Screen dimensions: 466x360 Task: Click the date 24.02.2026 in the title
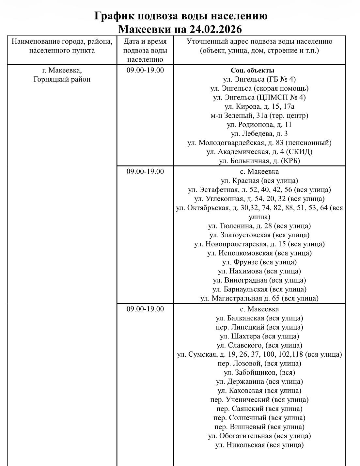coord(215,29)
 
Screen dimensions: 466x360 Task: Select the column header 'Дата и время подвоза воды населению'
coord(145,51)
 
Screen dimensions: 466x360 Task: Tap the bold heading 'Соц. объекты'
coord(252,70)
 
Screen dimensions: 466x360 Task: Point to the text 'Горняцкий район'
coord(62,79)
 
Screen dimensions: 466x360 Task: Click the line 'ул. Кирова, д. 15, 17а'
coord(259,106)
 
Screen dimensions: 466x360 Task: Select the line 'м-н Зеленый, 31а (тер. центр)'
coord(259,116)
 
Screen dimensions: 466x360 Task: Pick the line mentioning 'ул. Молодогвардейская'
coord(259,143)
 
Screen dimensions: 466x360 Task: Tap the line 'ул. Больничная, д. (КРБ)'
coord(259,161)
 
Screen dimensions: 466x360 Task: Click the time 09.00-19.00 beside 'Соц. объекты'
coord(145,70)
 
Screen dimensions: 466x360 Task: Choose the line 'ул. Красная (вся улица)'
coord(259,180)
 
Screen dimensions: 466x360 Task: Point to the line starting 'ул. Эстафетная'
coord(259,190)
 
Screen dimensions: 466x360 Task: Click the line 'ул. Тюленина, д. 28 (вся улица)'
coord(259,226)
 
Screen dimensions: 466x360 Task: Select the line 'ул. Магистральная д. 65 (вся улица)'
coord(259,298)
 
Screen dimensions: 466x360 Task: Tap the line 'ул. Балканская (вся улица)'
coord(259,318)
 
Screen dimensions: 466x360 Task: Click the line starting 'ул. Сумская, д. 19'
coord(259,354)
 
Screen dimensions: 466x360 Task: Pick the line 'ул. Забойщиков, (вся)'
coord(259,372)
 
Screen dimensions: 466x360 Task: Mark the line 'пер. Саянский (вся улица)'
coord(259,409)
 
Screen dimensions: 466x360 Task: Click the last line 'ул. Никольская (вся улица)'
coord(259,445)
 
